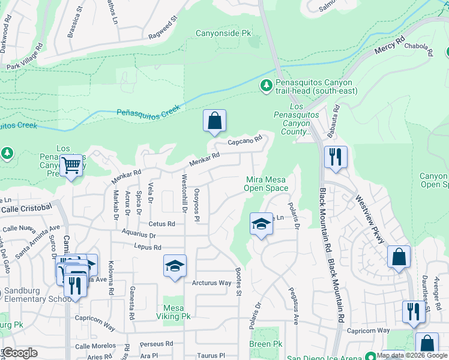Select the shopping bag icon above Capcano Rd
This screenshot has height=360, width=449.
(x=214, y=121)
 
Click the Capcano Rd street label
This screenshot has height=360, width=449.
(x=246, y=142)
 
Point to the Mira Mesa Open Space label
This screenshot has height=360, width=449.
(x=266, y=184)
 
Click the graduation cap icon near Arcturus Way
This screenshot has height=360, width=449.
(x=175, y=266)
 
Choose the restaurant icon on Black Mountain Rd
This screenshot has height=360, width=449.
(x=335, y=157)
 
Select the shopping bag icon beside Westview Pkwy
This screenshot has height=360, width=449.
(x=399, y=257)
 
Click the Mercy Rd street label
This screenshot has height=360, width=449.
(x=391, y=47)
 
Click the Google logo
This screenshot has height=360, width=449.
(x=20, y=353)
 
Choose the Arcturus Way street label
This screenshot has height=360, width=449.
(x=211, y=283)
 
